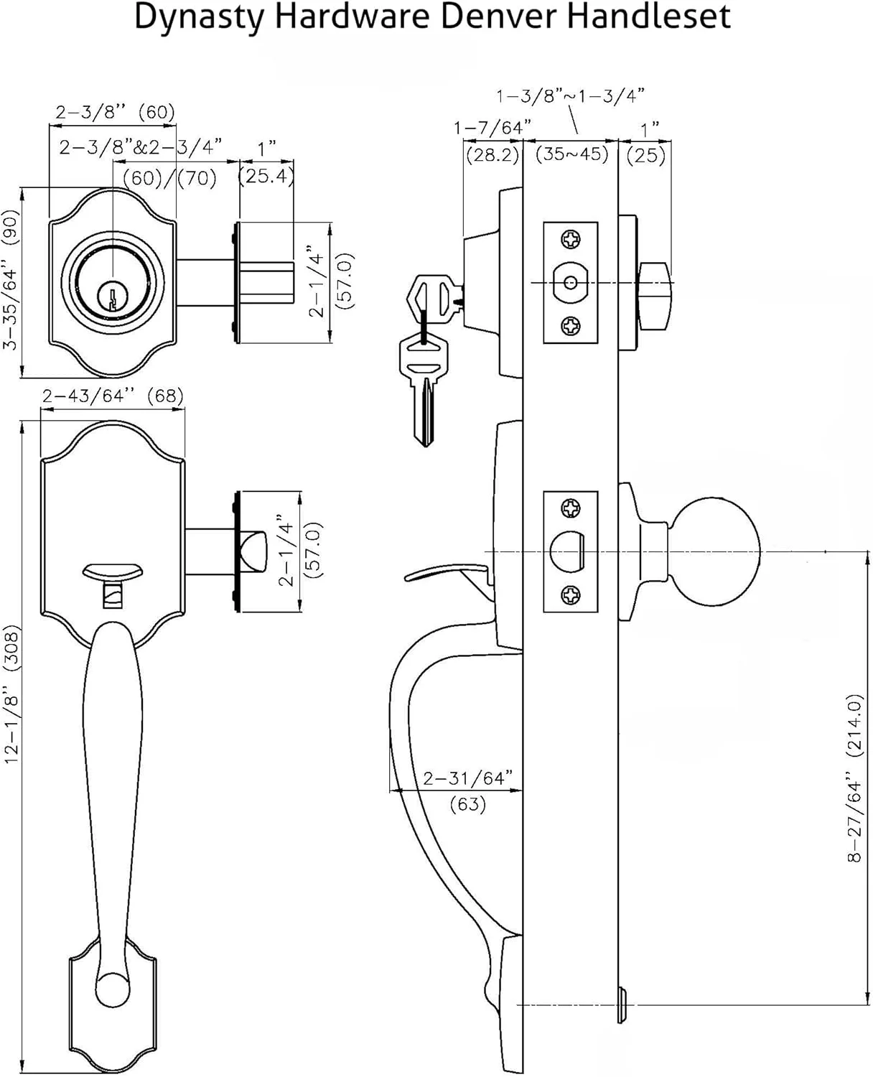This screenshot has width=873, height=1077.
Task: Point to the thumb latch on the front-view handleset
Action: tap(112, 571)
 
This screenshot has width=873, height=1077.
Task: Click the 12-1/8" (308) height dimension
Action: tap(12, 693)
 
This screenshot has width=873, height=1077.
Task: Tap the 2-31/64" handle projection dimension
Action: tap(467, 778)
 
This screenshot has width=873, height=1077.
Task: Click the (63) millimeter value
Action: tap(467, 803)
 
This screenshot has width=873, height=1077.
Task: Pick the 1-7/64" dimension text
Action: tap(492, 128)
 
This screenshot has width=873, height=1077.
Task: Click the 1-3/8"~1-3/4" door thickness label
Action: tap(570, 95)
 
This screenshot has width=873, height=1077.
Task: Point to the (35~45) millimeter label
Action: tap(572, 154)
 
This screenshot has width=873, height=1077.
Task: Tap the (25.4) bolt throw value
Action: tap(266, 176)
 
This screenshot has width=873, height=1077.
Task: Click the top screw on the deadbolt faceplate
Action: tap(571, 238)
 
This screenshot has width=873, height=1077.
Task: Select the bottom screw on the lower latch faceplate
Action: tap(571, 595)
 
